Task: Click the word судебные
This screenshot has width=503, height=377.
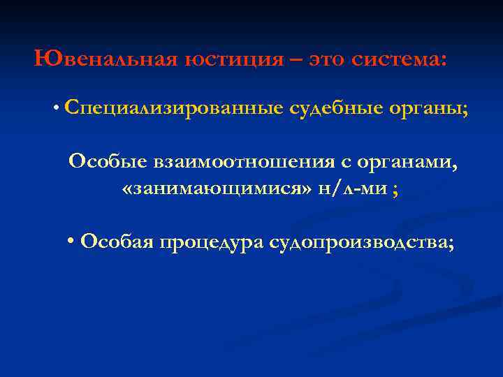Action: (332, 109)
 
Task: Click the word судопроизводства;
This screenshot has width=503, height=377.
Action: (361, 242)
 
